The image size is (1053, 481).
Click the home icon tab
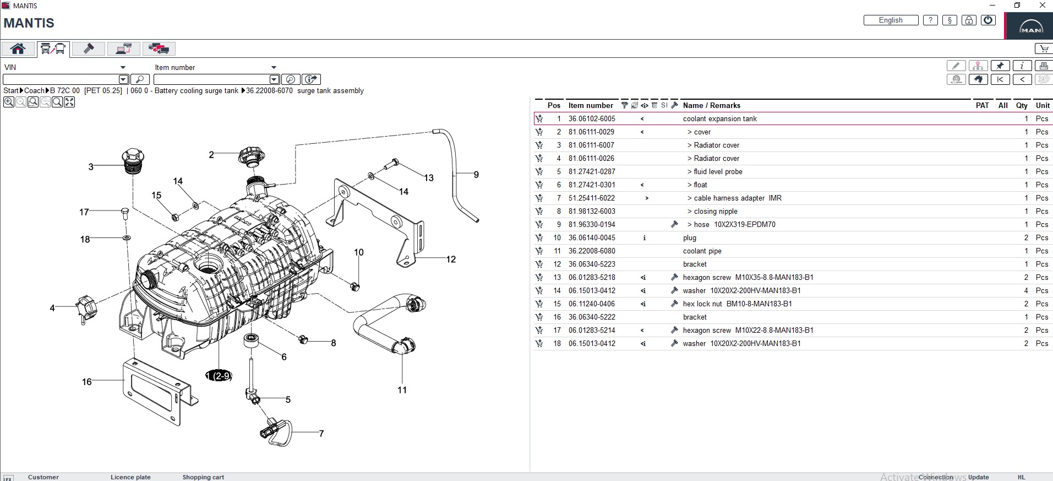(18, 49)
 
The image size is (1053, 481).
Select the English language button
(891, 20)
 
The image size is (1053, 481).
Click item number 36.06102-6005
(592, 119)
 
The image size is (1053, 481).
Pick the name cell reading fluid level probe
(718, 172)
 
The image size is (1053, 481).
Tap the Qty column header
(1022, 105)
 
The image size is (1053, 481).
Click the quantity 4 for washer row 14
(1026, 291)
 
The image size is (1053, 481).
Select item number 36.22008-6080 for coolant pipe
(592, 251)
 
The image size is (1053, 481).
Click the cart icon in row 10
(539, 238)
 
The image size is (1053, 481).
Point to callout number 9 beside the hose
(476, 175)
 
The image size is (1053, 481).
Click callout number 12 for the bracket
(451, 260)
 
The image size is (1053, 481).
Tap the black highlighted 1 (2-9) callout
(219, 376)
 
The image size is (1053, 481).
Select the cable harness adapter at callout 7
(275, 431)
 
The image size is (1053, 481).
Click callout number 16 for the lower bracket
(87, 382)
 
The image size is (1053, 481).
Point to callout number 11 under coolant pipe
(402, 390)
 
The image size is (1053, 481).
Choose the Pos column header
(554, 105)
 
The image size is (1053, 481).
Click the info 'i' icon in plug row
(644, 238)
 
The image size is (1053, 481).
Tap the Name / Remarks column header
(711, 105)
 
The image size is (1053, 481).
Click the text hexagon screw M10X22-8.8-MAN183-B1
(748, 331)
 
